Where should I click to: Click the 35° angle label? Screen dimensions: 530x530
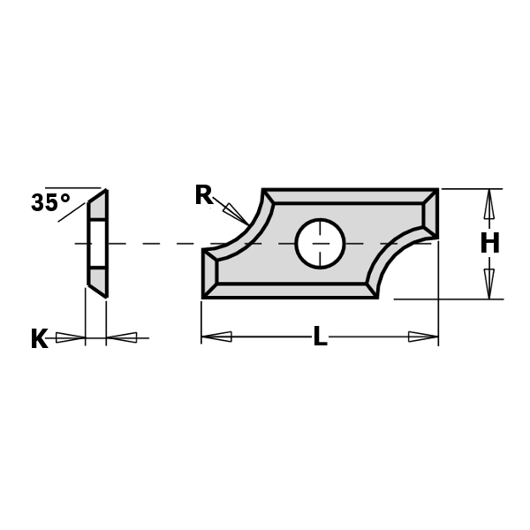coord(50,203)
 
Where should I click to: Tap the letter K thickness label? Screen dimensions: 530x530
coord(39,339)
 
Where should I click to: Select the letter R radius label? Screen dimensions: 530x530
coord(204,195)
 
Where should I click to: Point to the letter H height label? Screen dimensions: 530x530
coord(489,244)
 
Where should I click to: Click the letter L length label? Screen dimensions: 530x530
coord(320,337)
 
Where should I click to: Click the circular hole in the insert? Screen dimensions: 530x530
coord(320,243)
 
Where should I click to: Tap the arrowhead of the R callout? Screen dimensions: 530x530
coord(236,214)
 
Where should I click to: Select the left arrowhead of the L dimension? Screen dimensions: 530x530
coord(216,337)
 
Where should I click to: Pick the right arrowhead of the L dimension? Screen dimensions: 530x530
coord(423,337)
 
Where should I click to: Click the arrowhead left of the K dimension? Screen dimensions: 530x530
coord(70,337)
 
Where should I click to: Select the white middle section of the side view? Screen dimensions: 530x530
coord(98,243)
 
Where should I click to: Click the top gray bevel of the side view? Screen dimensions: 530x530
coord(98,208)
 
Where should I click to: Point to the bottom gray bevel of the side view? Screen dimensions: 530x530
coord(98,280)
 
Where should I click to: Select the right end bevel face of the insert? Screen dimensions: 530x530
coord(429,214)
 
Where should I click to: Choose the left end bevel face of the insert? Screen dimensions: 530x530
coord(211,274)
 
